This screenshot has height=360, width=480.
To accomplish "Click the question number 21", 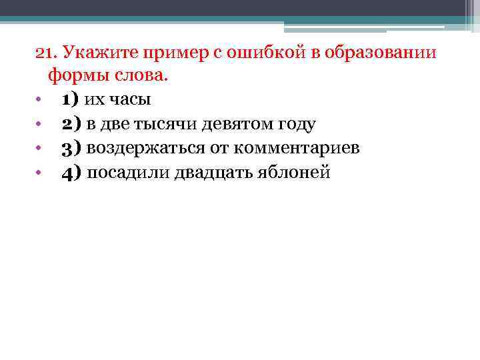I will pos(44,53).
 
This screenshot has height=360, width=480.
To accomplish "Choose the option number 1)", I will pos(70,100).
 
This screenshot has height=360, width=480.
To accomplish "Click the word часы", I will pos(129,100).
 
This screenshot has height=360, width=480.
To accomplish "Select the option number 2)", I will pos(71,124).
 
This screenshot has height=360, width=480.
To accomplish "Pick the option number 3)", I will pos(71,148).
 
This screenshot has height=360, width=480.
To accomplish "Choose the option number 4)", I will pos(71,172).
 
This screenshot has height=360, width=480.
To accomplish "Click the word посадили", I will pos(128,172).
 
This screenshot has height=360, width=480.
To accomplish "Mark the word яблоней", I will pos(293,172).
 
